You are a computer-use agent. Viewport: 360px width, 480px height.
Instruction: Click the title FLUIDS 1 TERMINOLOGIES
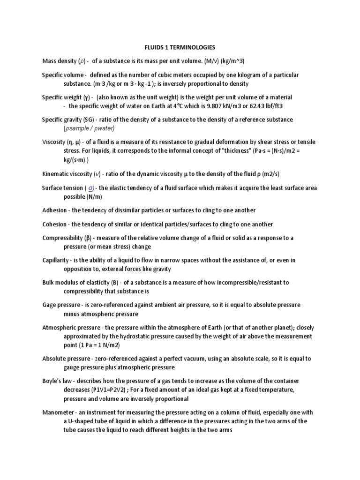[180, 47]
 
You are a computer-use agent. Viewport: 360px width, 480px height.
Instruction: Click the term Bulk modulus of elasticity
[78, 282]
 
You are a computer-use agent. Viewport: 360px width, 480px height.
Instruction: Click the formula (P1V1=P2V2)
[114, 390]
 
